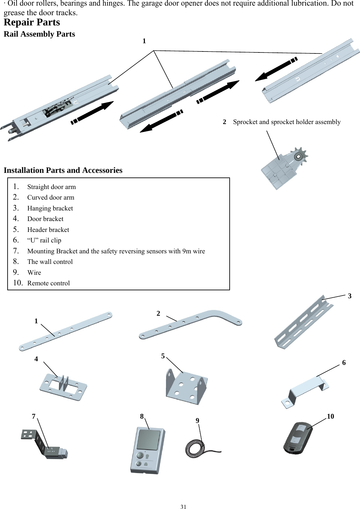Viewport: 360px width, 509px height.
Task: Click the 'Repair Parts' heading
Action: pos(32,22)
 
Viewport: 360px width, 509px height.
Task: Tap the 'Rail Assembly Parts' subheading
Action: pos(39,34)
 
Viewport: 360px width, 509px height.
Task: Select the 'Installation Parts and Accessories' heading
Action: pos(63,170)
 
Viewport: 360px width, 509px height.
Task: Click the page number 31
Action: pos(183,507)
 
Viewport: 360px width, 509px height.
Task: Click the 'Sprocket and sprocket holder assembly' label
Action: pos(286,122)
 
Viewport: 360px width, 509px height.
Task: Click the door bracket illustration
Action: pos(63,387)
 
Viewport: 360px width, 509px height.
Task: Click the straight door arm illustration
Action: pos(65,331)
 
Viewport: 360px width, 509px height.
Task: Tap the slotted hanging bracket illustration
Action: pos(303,323)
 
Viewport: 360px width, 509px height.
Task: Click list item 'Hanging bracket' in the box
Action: pos(50,208)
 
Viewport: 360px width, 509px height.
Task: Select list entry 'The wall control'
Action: pos(50,262)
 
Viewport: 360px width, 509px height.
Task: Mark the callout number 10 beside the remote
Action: pos(330,417)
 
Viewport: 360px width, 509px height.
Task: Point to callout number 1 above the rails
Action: pos(144,41)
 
